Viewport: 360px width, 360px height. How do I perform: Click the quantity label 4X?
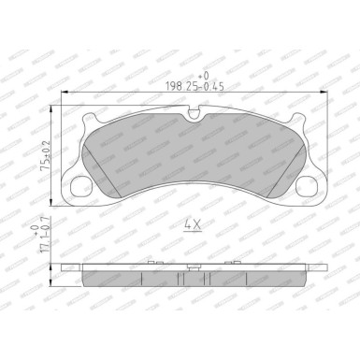coord(192,225)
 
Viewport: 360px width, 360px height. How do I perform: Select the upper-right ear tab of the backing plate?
coord(295,122)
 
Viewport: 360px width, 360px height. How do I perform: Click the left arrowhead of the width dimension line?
coord(64,93)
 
